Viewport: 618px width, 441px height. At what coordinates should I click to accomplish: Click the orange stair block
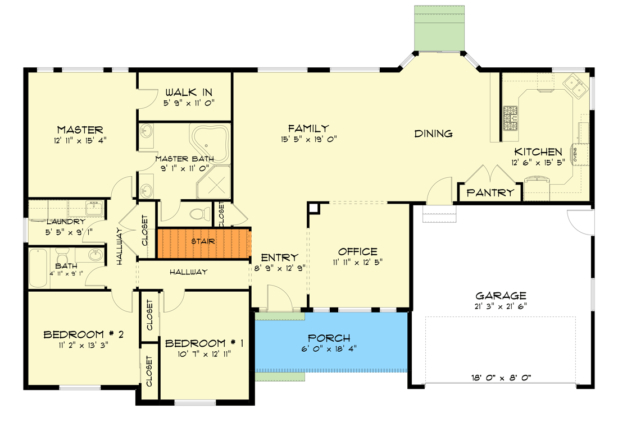[x=203, y=243]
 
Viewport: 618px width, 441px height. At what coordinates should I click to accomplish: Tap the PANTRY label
[x=490, y=192]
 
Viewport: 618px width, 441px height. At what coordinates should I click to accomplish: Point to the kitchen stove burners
[x=510, y=118]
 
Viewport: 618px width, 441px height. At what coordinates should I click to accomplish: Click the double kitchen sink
[x=575, y=85]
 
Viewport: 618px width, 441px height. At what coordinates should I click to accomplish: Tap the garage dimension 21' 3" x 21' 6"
[x=501, y=306]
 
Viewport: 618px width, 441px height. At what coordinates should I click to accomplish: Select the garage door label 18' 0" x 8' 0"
[x=501, y=378]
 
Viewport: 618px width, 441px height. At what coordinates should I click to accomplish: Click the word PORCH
[x=329, y=338]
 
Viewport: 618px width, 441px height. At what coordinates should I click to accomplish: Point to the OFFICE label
[x=357, y=251]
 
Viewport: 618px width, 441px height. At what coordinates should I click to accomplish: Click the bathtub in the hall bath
[x=39, y=269]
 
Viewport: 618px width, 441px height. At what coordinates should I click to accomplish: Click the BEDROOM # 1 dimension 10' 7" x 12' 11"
[x=205, y=354]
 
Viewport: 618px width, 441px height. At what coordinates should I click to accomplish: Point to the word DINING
[x=433, y=134]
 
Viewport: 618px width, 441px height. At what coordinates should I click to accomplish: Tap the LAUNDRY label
[x=66, y=222]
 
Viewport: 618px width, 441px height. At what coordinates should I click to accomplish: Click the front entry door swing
[x=280, y=297]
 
